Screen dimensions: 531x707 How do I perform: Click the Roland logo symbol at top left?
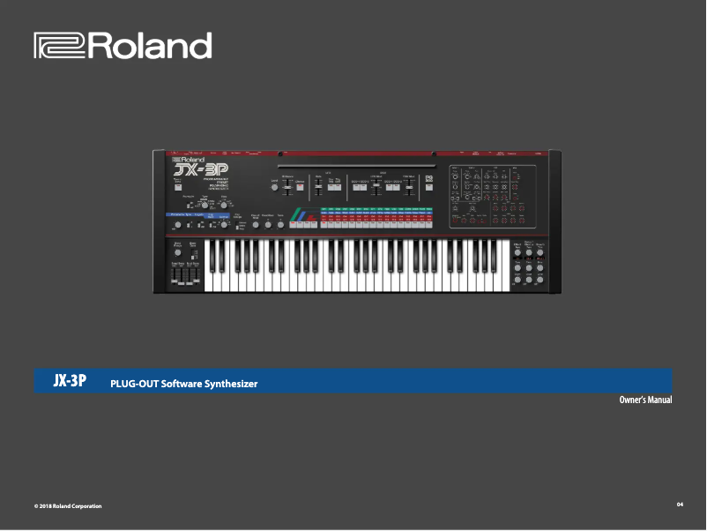59,46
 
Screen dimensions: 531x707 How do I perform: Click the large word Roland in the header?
149,46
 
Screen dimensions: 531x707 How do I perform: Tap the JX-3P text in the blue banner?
70,381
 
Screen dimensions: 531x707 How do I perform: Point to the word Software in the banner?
182,384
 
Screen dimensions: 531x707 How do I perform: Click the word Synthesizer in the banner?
231,384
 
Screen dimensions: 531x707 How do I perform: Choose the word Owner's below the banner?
634,400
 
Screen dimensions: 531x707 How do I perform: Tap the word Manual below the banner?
661,400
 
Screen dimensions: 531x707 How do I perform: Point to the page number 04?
680,504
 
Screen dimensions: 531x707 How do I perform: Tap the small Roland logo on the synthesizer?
187,159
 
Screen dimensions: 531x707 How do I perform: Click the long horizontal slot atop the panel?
356,165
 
